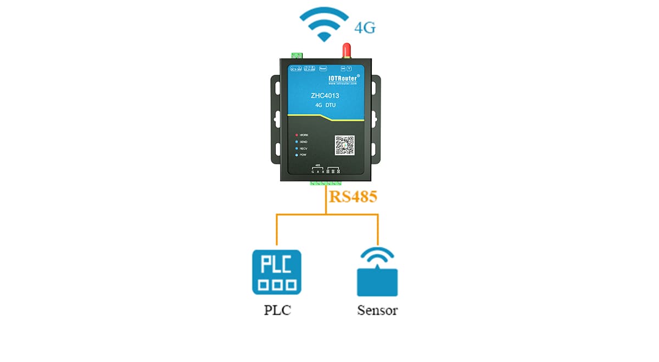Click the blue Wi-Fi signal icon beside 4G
(x=325, y=24)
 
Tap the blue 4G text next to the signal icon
(x=365, y=26)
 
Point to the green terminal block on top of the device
(x=298, y=56)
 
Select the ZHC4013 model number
(x=325, y=96)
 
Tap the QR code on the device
(x=345, y=145)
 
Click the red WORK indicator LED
(x=297, y=135)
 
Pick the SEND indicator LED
(x=297, y=142)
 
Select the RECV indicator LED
(x=297, y=149)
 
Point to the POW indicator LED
(x=297, y=156)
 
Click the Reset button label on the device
(x=323, y=69)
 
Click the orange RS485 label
(x=353, y=197)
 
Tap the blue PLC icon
(x=277, y=272)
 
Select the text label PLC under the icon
(x=277, y=310)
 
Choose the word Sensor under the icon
(x=377, y=310)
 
